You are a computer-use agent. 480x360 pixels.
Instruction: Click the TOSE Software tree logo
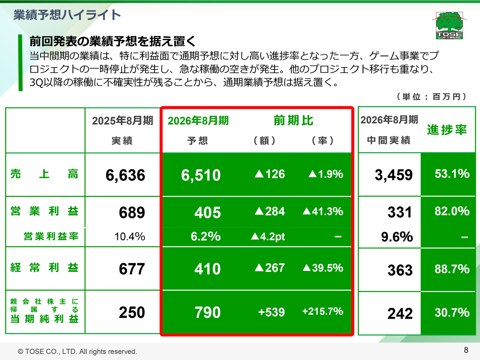(449, 25)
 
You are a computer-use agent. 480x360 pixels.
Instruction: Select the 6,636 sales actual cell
(125, 175)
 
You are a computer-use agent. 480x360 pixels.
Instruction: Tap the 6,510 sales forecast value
(201, 175)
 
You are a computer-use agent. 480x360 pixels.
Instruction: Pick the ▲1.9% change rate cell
(325, 174)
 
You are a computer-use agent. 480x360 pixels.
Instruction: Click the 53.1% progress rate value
(452, 174)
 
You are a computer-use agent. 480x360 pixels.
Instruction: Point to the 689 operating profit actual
(132, 213)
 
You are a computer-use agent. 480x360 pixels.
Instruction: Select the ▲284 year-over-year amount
(270, 211)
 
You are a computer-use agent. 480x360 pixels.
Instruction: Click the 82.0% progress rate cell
(452, 211)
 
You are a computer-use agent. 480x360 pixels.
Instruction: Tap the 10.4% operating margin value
(129, 237)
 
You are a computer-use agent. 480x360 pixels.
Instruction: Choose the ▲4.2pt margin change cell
(268, 237)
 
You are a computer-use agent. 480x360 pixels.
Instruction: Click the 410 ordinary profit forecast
(207, 269)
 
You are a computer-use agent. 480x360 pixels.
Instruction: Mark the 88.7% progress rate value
(452, 269)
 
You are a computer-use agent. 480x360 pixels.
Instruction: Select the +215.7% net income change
(322, 312)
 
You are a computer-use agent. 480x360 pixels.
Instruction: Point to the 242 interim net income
(400, 313)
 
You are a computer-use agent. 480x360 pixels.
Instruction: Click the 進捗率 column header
(447, 130)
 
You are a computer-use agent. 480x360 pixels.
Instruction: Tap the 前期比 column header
(293, 120)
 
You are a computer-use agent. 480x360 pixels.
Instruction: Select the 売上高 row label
(44, 174)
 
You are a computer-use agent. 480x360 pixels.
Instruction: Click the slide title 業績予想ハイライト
(67, 15)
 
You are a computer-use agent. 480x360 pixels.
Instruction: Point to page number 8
(466, 350)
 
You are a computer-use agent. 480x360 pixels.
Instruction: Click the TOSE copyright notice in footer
(78, 351)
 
